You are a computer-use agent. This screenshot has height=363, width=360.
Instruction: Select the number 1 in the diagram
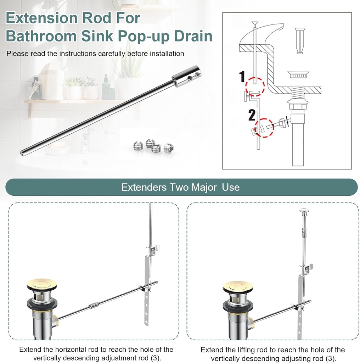pyautogui.click(x=242, y=76)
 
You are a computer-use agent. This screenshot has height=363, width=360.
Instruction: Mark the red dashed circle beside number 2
pyautogui.click(x=265, y=128)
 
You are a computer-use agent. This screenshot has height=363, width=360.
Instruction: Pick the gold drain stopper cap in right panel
pyautogui.click(x=238, y=286)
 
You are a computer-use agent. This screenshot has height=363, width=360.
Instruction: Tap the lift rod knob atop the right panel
pyautogui.click(x=304, y=210)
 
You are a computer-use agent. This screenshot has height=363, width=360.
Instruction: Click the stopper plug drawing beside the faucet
pyautogui.click(x=300, y=41)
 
